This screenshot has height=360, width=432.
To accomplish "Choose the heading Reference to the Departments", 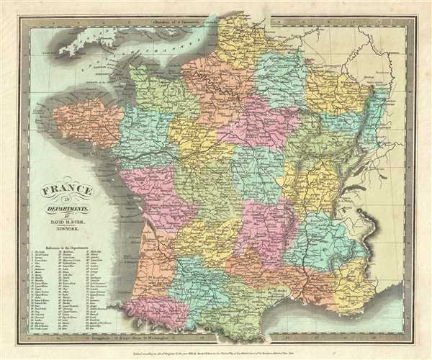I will pyautogui.click(x=70, y=246).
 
